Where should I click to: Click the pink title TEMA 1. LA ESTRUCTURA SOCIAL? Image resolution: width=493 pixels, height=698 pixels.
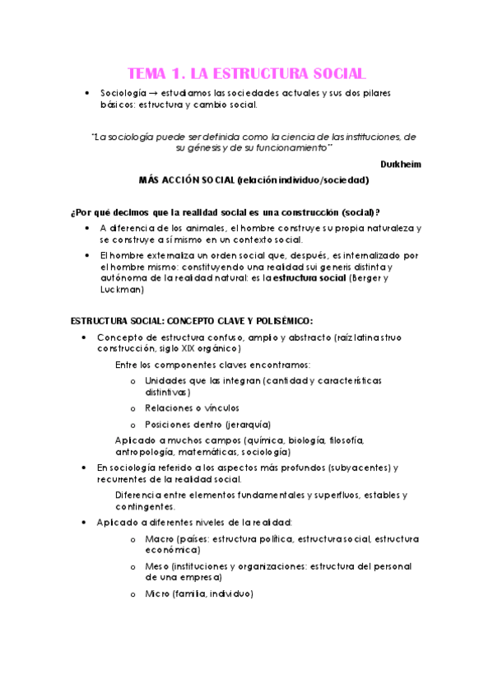click(x=247, y=72)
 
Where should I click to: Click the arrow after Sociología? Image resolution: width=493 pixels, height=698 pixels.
click(x=155, y=93)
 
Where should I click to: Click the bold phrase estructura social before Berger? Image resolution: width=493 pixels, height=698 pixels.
click(x=309, y=278)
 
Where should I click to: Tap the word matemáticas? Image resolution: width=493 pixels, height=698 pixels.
click(x=212, y=452)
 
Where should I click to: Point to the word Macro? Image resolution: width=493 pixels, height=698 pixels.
click(x=158, y=538)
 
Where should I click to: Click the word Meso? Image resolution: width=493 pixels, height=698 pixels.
click(x=157, y=566)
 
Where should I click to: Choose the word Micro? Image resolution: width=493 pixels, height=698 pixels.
click(x=156, y=593)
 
